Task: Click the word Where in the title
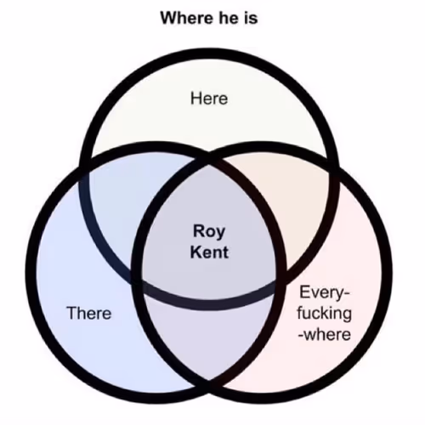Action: [187, 18]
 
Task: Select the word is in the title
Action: [250, 18]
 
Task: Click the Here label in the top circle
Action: [209, 99]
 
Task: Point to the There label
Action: [89, 313]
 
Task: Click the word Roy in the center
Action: [209, 232]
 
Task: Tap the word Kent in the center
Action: [209, 252]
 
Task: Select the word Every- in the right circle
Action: [325, 293]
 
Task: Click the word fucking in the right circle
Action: [325, 314]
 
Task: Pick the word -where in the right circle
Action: [325, 334]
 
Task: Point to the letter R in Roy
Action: [199, 230]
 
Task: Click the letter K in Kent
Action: [196, 252]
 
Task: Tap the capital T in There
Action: [72, 313]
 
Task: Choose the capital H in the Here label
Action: [195, 99]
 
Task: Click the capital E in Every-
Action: [304, 292]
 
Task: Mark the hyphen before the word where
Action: [301, 336]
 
